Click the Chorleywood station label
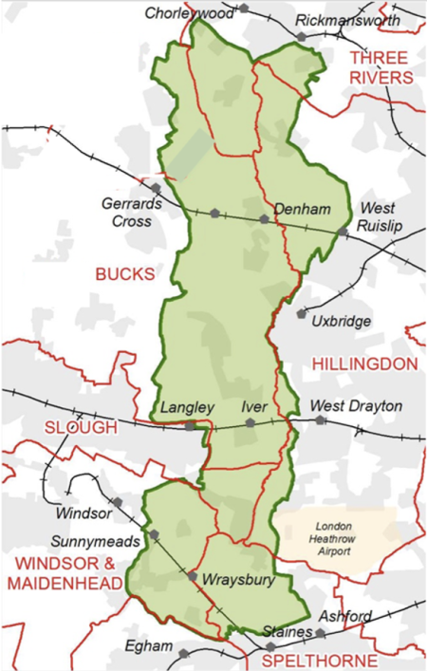(189, 13)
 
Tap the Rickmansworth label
(347, 20)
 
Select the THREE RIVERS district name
(381, 67)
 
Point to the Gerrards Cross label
(126, 213)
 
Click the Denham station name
(294, 208)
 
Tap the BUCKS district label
(123, 273)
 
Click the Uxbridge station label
(342, 321)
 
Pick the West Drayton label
(356, 406)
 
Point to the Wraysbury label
(232, 577)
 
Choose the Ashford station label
(344, 616)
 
